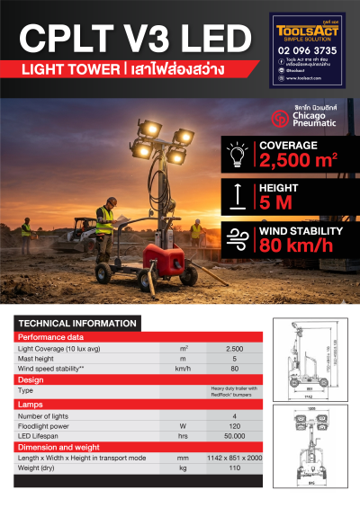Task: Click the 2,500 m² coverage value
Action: tap(297, 160)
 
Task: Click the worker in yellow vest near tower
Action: tap(105, 225)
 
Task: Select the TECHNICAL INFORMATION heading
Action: tap(77, 323)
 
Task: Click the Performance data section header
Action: tap(51, 336)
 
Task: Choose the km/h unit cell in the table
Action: tap(184, 369)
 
